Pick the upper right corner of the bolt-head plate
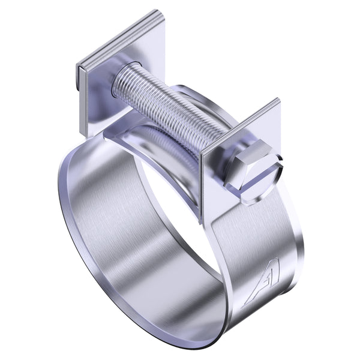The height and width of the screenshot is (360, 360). [278, 100]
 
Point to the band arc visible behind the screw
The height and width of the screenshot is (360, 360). [198, 96]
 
